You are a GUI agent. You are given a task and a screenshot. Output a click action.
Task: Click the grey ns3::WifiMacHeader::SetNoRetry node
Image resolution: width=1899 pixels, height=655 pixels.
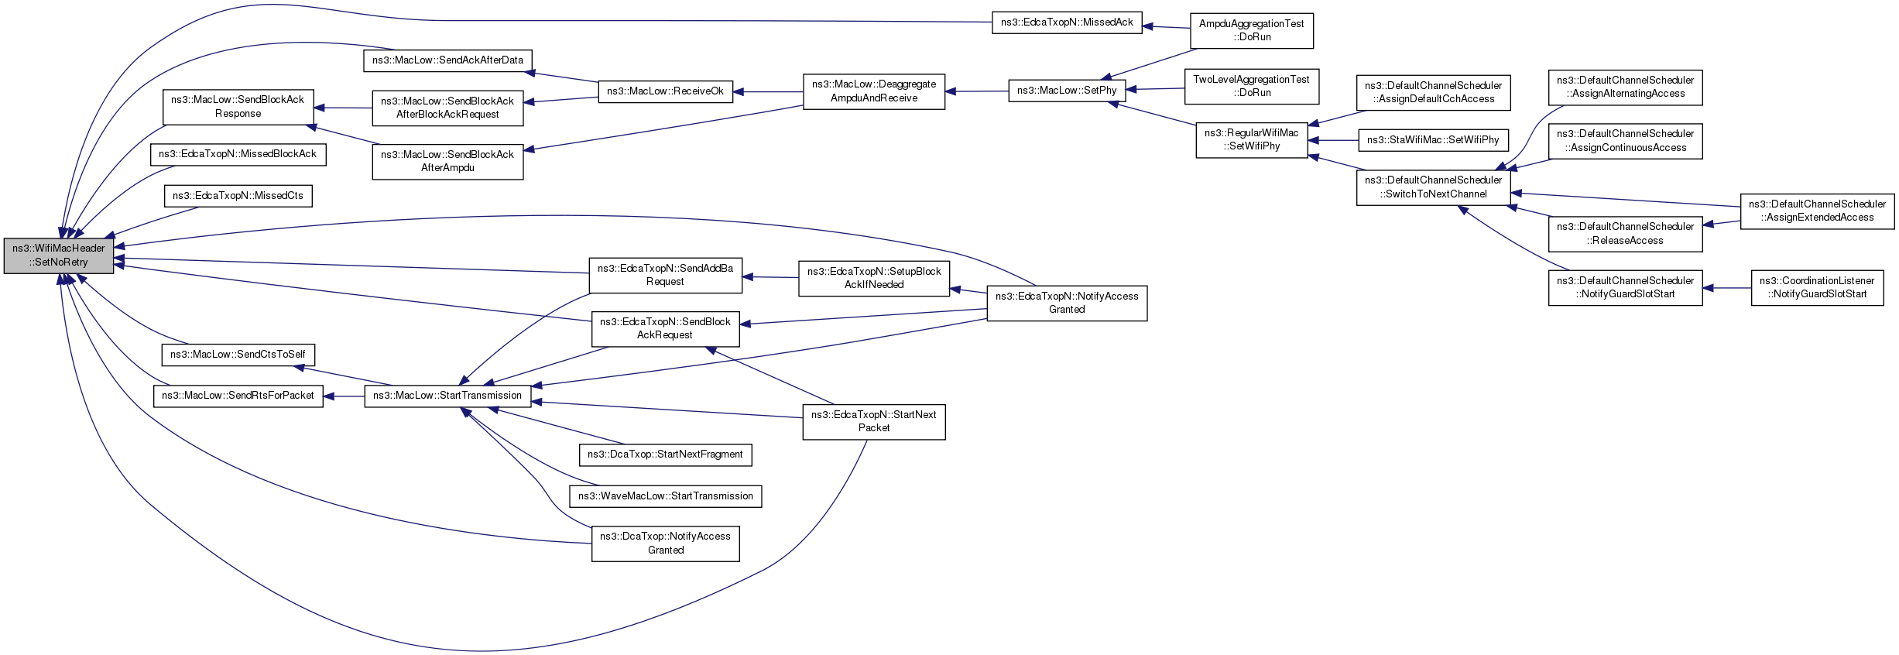coord(59,255)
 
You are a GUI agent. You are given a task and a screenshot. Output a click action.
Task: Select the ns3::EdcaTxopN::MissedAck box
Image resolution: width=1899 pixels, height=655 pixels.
coord(1067,22)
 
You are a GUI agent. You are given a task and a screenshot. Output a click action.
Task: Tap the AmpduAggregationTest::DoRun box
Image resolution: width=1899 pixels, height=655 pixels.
coord(1252,30)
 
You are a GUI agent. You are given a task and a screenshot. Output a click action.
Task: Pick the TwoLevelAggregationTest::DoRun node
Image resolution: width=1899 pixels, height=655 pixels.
coord(1252,86)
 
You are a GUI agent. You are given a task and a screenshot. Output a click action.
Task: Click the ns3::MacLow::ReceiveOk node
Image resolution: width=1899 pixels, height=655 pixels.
coord(665,91)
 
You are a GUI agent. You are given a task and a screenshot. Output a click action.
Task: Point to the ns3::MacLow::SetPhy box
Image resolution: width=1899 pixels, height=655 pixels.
coord(1067,91)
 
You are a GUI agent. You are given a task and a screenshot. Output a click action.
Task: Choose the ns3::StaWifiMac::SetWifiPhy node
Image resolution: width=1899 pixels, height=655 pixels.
coord(1433,140)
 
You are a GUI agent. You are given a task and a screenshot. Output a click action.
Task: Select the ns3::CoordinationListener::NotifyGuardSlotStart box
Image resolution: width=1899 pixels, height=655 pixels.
coord(1817,287)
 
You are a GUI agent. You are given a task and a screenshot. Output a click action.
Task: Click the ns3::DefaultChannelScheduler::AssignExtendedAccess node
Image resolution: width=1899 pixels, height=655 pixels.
coord(1817,211)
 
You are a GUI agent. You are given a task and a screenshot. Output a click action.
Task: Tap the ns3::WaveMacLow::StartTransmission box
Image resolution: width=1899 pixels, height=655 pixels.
coord(666,496)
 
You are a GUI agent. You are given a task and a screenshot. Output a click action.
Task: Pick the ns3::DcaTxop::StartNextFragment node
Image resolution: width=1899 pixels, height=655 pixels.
coord(665,454)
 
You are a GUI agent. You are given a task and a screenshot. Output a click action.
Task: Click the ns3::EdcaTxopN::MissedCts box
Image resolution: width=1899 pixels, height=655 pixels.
coord(238,196)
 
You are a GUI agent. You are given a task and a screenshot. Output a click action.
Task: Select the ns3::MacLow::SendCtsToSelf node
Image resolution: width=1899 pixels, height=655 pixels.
coord(238,355)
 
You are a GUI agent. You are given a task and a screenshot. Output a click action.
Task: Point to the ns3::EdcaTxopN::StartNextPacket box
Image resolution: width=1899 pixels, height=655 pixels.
coord(874,421)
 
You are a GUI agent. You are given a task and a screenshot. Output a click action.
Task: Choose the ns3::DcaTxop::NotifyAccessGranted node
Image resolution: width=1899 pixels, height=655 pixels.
coord(666,544)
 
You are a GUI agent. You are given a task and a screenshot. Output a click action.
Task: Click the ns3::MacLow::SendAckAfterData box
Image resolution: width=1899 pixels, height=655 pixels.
coord(447,60)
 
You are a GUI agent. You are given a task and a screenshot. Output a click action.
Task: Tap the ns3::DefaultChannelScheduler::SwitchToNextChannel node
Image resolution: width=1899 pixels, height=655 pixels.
coord(1433,187)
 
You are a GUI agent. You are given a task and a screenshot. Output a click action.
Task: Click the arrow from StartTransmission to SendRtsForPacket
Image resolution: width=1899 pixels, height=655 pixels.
coord(344,396)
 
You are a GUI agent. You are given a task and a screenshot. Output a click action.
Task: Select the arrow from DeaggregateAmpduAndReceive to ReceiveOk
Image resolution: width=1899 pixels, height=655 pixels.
coord(768,91)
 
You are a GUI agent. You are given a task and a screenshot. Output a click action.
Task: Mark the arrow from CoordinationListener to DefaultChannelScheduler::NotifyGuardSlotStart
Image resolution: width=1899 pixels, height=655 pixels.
coord(1726,288)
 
